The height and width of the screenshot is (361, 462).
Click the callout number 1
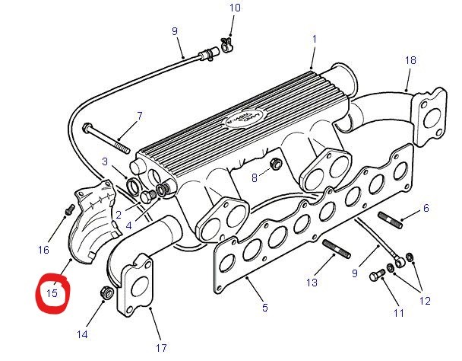coord(314,38)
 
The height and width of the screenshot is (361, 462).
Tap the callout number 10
coord(235,8)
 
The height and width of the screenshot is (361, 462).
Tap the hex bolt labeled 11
coord(380,275)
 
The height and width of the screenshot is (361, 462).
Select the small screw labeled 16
coord(67,207)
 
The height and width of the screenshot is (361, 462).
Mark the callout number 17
coord(161,348)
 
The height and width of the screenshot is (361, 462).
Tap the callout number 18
coord(410,59)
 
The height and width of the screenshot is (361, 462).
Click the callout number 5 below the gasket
coord(264,308)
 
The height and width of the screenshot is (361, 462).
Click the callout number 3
coord(105,161)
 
